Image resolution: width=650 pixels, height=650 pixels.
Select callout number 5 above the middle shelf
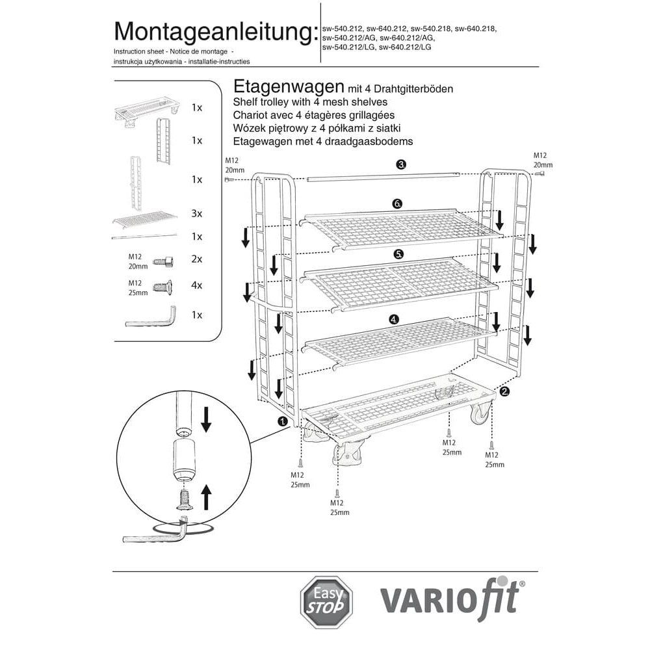click(398, 253)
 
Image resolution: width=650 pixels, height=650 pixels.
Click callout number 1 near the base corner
click(283, 421)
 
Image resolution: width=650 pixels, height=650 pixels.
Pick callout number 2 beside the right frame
click(504, 391)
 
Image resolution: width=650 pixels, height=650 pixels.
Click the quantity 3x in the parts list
click(197, 213)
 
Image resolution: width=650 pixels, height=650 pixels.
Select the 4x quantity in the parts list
click(197, 285)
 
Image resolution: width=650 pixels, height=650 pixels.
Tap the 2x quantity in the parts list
click(197, 259)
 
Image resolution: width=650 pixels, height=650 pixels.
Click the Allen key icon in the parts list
click(151, 318)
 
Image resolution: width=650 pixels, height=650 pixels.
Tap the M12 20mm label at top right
click(543, 161)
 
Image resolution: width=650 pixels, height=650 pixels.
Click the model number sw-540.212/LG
click(349, 47)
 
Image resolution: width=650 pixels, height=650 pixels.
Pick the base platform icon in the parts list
click(147, 110)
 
